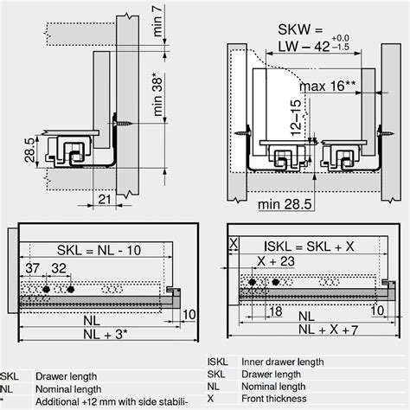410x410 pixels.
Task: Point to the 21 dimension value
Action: tap(103, 200)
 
